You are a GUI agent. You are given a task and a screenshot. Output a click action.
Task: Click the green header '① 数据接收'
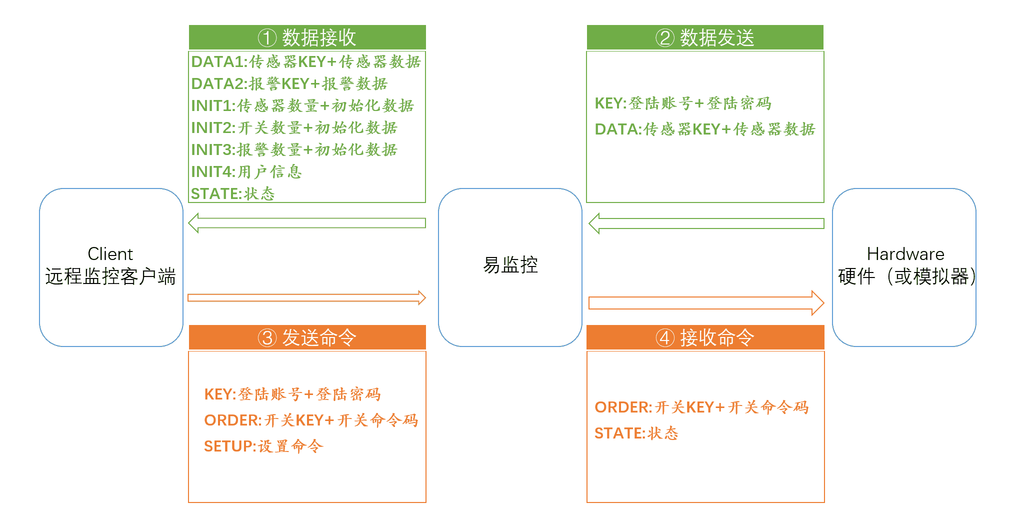(307, 37)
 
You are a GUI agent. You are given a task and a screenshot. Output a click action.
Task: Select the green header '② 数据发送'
(705, 37)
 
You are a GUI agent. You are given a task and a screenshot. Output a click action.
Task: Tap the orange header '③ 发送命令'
(307, 337)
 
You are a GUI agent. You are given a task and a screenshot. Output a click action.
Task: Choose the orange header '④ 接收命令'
(705, 337)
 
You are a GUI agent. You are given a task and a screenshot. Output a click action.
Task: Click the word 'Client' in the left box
(110, 254)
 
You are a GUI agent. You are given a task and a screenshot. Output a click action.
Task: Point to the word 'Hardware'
(905, 254)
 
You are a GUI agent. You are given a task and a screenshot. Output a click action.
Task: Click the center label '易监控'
(510, 265)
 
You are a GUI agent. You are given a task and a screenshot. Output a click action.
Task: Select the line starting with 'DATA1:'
(306, 61)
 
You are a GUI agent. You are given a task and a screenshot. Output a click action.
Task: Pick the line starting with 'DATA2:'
(289, 83)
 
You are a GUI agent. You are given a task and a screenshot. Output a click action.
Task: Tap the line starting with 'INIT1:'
(302, 105)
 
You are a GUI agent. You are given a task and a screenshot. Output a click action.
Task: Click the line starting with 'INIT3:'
(294, 149)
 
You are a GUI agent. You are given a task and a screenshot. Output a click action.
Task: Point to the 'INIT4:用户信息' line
(246, 171)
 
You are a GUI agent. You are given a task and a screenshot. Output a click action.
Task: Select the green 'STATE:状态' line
(233, 193)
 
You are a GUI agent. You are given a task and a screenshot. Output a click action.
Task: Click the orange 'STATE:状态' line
(636, 433)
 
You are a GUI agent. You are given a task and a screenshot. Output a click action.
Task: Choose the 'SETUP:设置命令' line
(263, 446)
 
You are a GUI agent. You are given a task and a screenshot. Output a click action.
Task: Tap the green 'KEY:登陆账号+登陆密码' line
(683, 103)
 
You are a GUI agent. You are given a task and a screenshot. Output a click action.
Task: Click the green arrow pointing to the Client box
(307, 223)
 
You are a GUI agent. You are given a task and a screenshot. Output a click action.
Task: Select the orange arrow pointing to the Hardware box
(706, 303)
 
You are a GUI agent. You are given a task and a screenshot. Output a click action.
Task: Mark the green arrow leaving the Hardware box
(706, 223)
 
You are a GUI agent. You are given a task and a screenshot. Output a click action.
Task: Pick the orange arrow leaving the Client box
(307, 298)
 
